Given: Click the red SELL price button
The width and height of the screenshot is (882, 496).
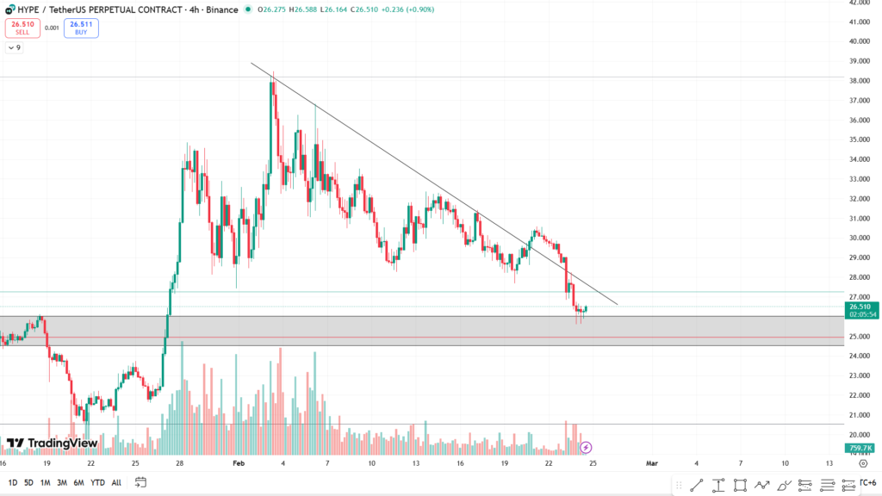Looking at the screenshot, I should click(22, 28).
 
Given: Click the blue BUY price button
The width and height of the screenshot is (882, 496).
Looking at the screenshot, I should click(81, 28).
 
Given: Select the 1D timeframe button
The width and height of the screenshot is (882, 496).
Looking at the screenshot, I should click(12, 482).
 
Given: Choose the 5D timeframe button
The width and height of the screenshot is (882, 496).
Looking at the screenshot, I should click(29, 482).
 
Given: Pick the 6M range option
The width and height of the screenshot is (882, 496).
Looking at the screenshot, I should click(78, 482).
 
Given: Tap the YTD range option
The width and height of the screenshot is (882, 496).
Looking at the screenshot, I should click(96, 482).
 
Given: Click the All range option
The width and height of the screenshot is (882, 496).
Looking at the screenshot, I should click(116, 482).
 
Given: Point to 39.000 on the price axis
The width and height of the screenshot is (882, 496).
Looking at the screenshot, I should click(860, 61).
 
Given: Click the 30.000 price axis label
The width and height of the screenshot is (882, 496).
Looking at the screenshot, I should click(860, 239).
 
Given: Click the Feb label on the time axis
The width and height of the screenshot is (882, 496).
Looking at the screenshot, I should click(239, 463).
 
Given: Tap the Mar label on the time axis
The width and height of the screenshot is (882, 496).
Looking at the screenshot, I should click(652, 463).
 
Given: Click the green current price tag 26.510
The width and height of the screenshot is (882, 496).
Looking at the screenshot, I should click(861, 307).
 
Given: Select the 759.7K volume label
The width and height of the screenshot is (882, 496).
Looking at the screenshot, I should click(861, 448).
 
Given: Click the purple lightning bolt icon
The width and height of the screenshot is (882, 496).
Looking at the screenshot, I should click(587, 447).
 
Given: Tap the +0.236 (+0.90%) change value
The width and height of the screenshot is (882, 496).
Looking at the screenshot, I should click(408, 9).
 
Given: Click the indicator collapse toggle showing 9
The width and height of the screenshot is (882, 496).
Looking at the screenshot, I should click(15, 47).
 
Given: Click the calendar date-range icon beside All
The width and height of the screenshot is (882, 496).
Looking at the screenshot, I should click(140, 482).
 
